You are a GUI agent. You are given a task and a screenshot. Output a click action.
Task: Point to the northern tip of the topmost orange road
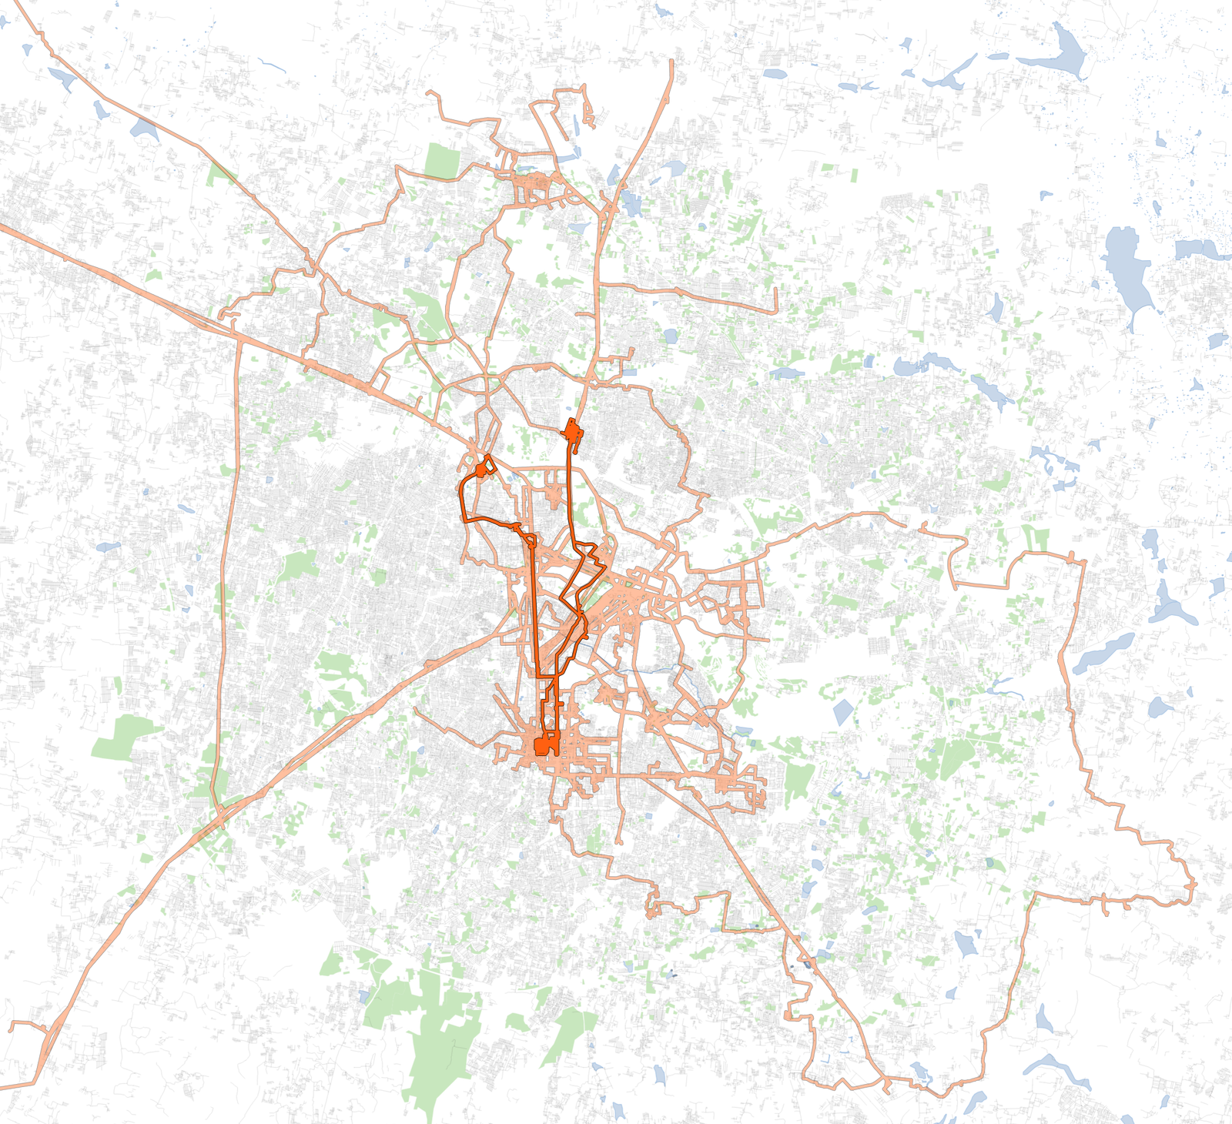pyautogui.click(x=671, y=62)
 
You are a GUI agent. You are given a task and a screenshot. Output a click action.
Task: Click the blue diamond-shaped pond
pyautogui.click(x=842, y=712)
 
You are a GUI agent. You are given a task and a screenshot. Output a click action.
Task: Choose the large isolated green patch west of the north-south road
pyautogui.click(x=123, y=738)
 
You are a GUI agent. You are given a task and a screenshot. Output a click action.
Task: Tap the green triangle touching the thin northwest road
pyautogui.click(x=219, y=176)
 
